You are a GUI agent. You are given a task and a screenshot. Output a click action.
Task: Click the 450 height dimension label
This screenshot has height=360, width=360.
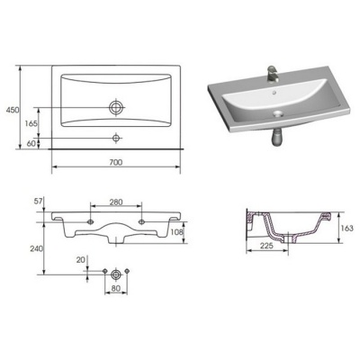pyautogui.click(x=13, y=110)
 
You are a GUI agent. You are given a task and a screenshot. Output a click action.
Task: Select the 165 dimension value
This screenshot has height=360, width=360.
pyautogui.click(x=31, y=123)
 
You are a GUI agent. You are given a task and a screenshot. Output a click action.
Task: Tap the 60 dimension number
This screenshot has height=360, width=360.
pyautogui.click(x=31, y=143)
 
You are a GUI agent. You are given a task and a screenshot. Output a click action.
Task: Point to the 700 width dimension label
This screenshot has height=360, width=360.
pyautogui.click(x=116, y=162)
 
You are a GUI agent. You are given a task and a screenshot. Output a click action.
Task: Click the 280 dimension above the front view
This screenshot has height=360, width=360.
pyautogui.click(x=116, y=202)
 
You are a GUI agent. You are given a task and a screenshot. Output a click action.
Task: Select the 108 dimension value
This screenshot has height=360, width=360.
pyautogui.click(x=176, y=231)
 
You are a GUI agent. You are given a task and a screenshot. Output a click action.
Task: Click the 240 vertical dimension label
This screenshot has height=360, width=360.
pyautogui.click(x=37, y=248)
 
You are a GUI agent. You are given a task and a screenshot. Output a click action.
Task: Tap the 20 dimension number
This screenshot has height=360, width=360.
pyautogui.click(x=80, y=260)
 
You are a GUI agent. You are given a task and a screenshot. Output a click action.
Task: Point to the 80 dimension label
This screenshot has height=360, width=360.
pyautogui.click(x=116, y=288)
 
